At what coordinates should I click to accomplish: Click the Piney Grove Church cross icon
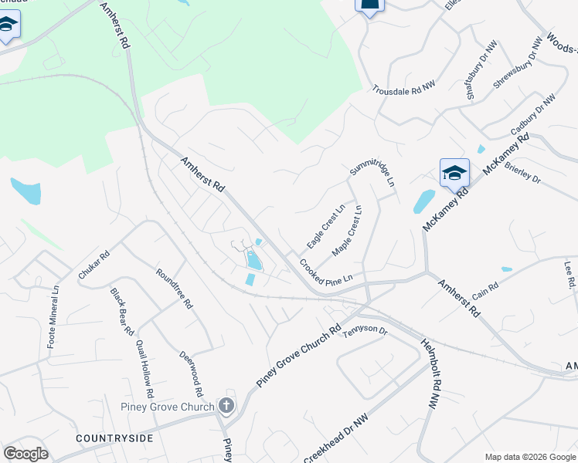[x=226, y=404]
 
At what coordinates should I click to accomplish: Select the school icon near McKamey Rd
[x=454, y=174]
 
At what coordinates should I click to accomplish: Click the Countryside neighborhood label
[x=114, y=438]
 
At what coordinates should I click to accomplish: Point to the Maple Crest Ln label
[x=347, y=231]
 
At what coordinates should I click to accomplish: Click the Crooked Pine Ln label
[x=326, y=269]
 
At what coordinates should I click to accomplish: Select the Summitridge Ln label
[x=372, y=173]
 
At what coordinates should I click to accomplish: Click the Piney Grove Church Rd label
[x=298, y=356]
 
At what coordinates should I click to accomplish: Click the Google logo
[x=25, y=454]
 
